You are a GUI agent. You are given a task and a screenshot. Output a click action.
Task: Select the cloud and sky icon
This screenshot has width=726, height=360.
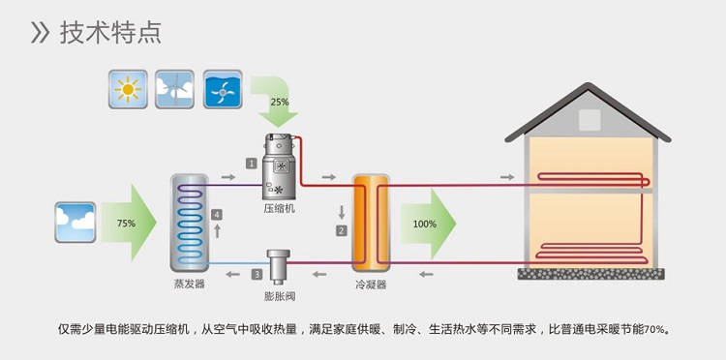(x=76, y=222)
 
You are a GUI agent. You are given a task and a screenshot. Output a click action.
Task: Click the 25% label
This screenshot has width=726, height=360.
(x=280, y=102)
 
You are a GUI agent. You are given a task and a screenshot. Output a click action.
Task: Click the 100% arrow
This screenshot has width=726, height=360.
(x=426, y=224)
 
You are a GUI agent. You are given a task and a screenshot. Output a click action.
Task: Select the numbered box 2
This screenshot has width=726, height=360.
(x=341, y=230)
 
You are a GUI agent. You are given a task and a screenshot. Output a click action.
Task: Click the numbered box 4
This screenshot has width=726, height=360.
(x=217, y=214)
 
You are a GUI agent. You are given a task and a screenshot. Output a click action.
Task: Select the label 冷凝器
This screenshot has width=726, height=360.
(x=371, y=285)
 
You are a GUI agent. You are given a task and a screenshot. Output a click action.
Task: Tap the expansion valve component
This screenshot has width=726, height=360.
(x=280, y=264)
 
